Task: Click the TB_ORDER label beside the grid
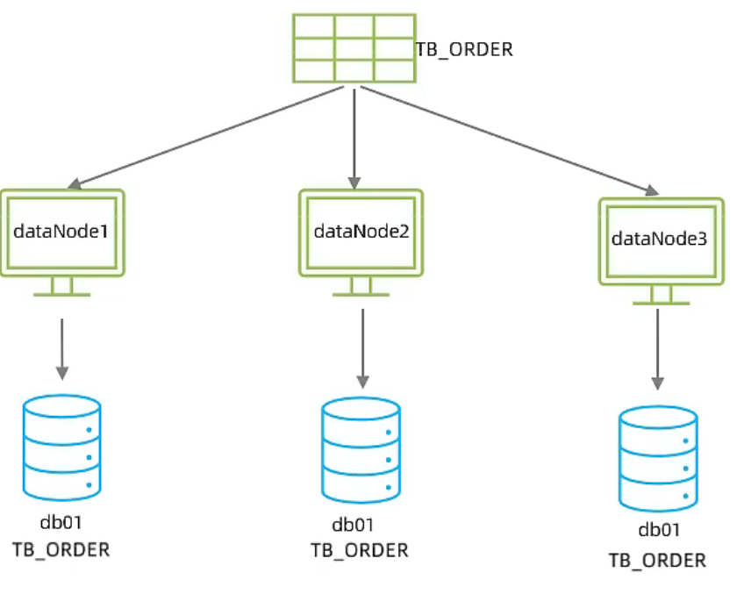coord(463,49)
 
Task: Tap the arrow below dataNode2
coord(361,347)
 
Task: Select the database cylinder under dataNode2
coord(361,450)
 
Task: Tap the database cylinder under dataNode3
coord(657,458)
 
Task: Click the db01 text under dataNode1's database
coord(61,523)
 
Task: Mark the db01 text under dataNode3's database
coord(660,530)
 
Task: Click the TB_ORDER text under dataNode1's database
coord(61,550)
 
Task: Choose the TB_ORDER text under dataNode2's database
coord(360,551)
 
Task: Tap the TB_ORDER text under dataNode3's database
coord(657,560)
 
